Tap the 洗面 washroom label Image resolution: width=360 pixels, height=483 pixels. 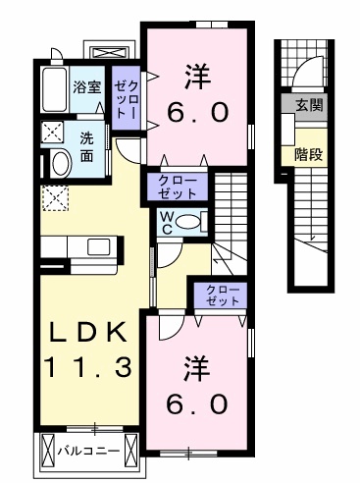(87, 146)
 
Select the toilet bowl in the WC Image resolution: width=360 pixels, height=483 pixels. (194, 220)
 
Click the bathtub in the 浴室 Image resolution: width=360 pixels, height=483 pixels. (54, 87)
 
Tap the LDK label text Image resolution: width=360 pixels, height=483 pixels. (89, 333)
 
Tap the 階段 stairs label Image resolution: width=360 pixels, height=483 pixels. (308, 153)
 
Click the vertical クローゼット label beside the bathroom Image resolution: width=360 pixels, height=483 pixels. (126, 100)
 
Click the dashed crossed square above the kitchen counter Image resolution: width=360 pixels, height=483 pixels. (53, 199)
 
